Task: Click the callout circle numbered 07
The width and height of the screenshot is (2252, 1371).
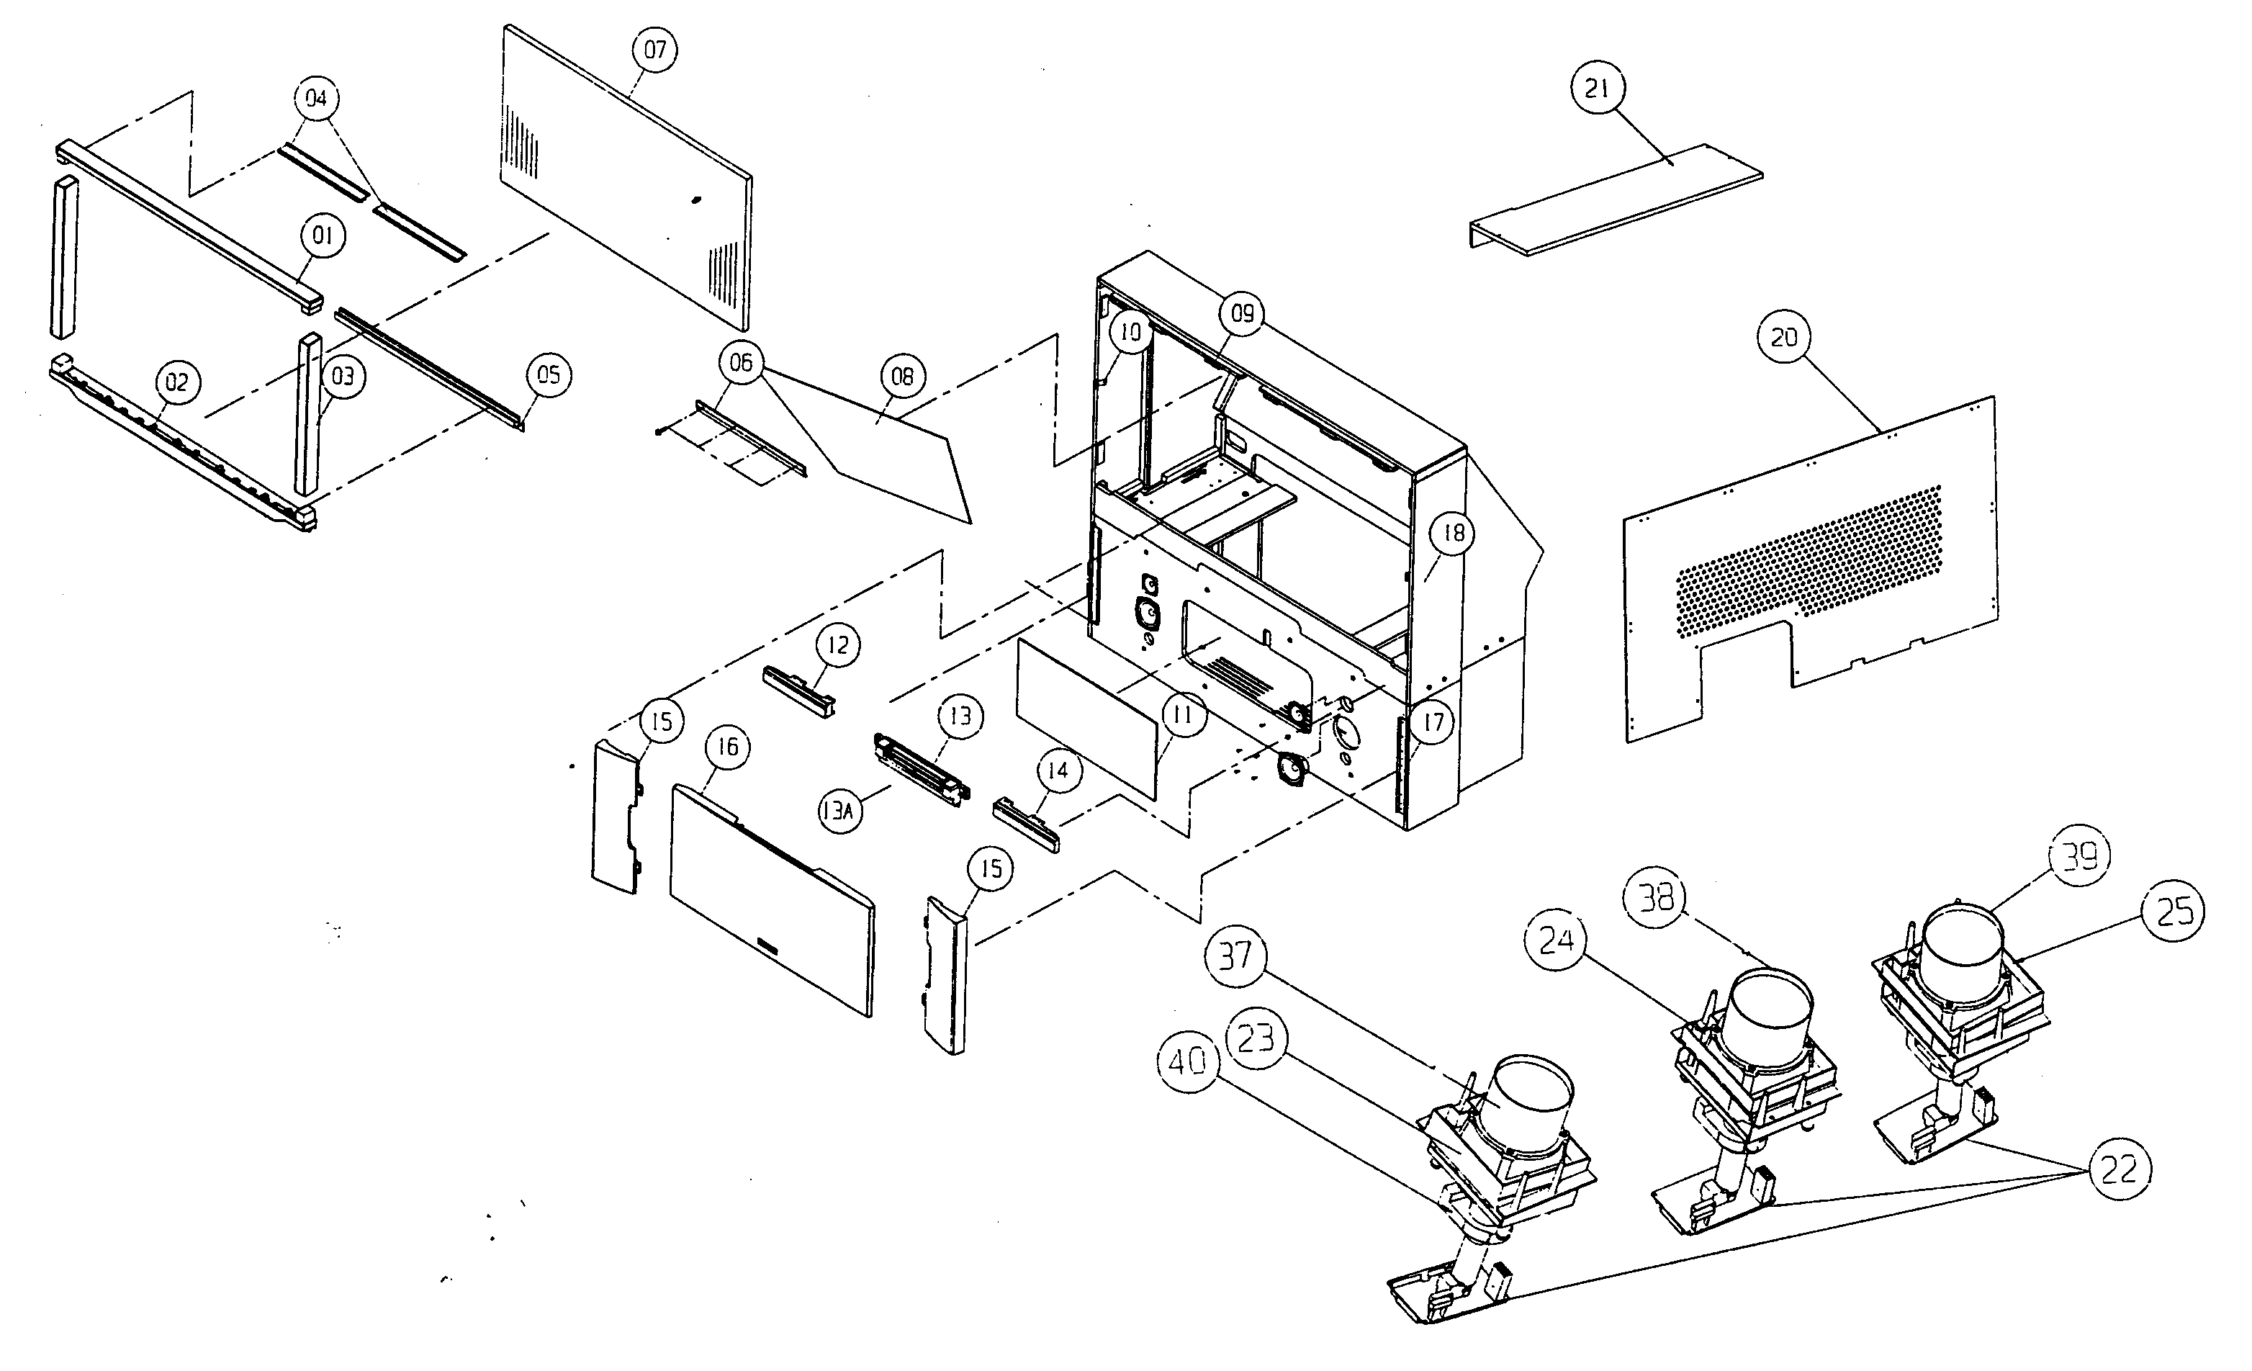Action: coord(655,50)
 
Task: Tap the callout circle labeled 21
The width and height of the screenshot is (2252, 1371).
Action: coord(1597,88)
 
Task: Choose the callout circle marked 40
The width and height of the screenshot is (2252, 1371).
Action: coord(1188,1061)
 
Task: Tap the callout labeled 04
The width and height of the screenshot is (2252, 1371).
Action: coord(316,98)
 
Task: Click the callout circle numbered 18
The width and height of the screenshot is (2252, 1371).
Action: coord(1453,533)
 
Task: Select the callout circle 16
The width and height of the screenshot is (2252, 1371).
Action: coord(728,747)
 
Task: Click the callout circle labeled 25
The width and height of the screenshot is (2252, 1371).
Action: coord(2174,910)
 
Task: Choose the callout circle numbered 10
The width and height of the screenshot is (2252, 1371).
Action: coord(1130,333)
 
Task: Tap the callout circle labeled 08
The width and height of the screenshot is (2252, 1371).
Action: coord(903,376)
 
